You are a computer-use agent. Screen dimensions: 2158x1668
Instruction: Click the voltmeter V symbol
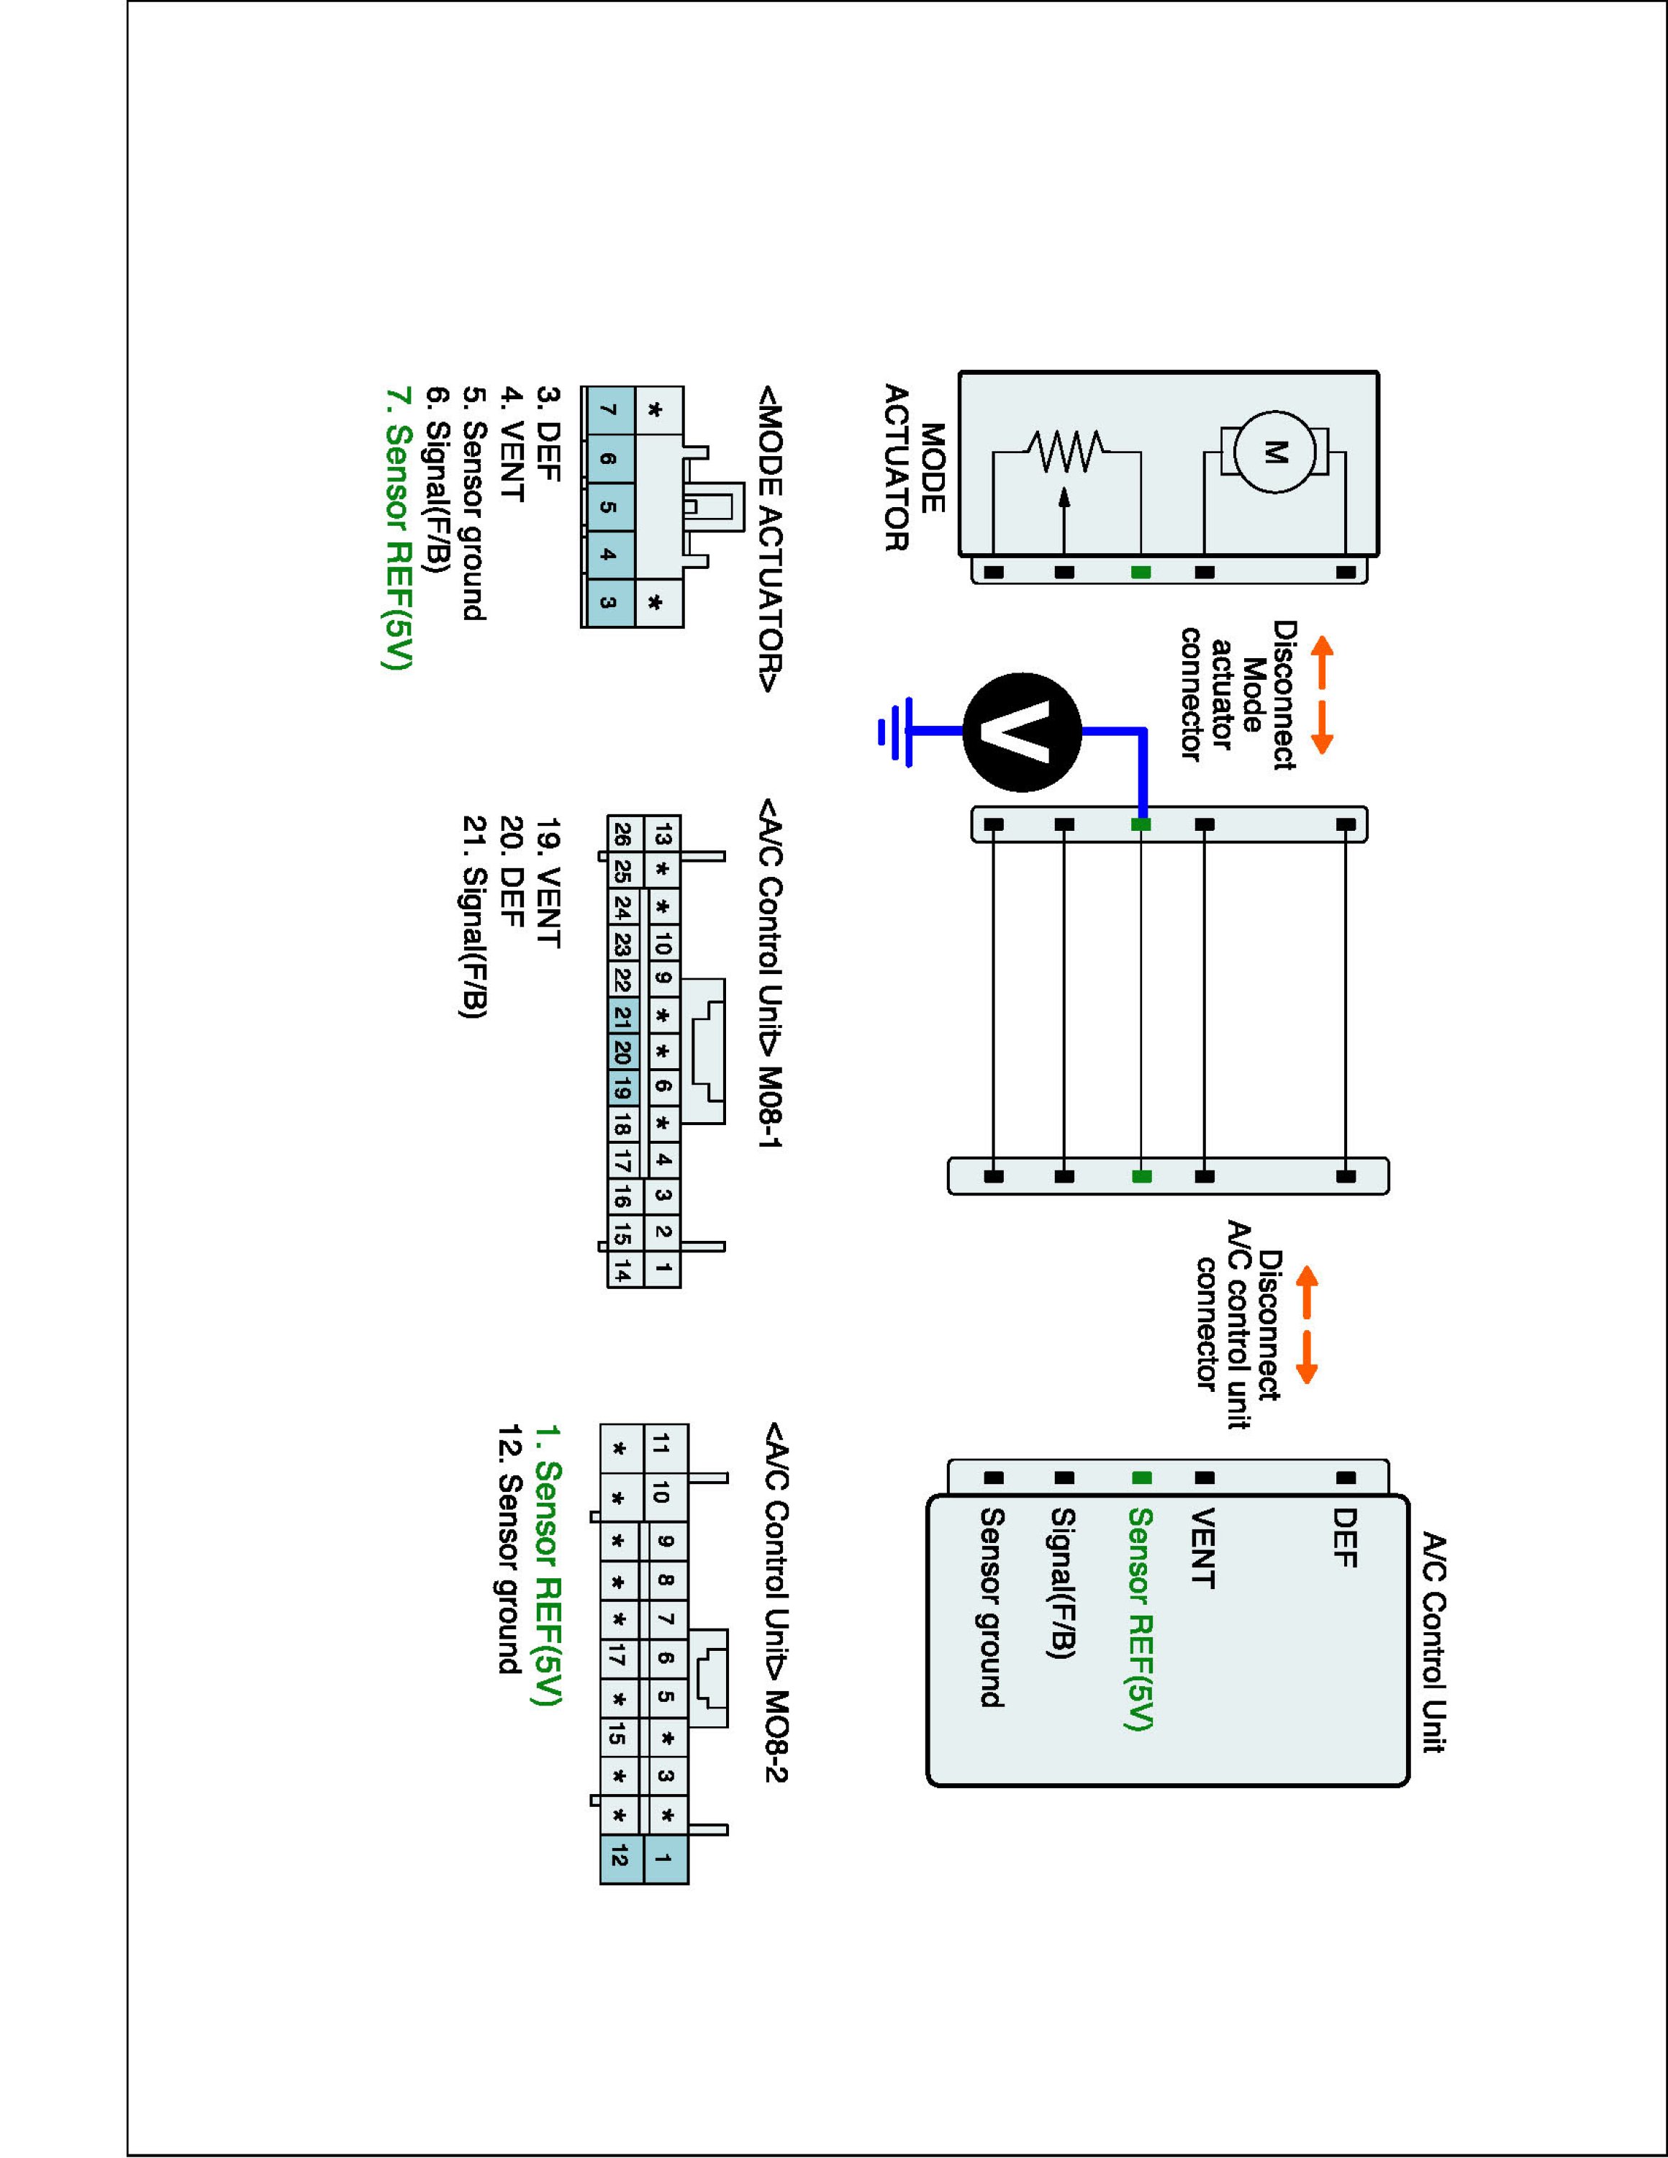pos(1022,732)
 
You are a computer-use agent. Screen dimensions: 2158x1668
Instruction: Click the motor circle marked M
pos(1274,452)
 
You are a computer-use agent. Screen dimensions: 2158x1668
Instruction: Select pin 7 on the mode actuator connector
pos(608,410)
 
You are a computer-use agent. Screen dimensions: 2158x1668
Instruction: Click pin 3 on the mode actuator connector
pos(608,602)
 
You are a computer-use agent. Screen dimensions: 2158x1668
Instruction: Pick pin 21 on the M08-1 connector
pos(622,1016)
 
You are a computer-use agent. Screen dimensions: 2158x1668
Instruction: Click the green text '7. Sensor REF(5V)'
pos(396,528)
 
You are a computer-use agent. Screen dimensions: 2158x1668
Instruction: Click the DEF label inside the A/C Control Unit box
pos(1344,1537)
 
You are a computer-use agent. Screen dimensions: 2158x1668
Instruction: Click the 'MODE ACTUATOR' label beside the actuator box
pos(913,468)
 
